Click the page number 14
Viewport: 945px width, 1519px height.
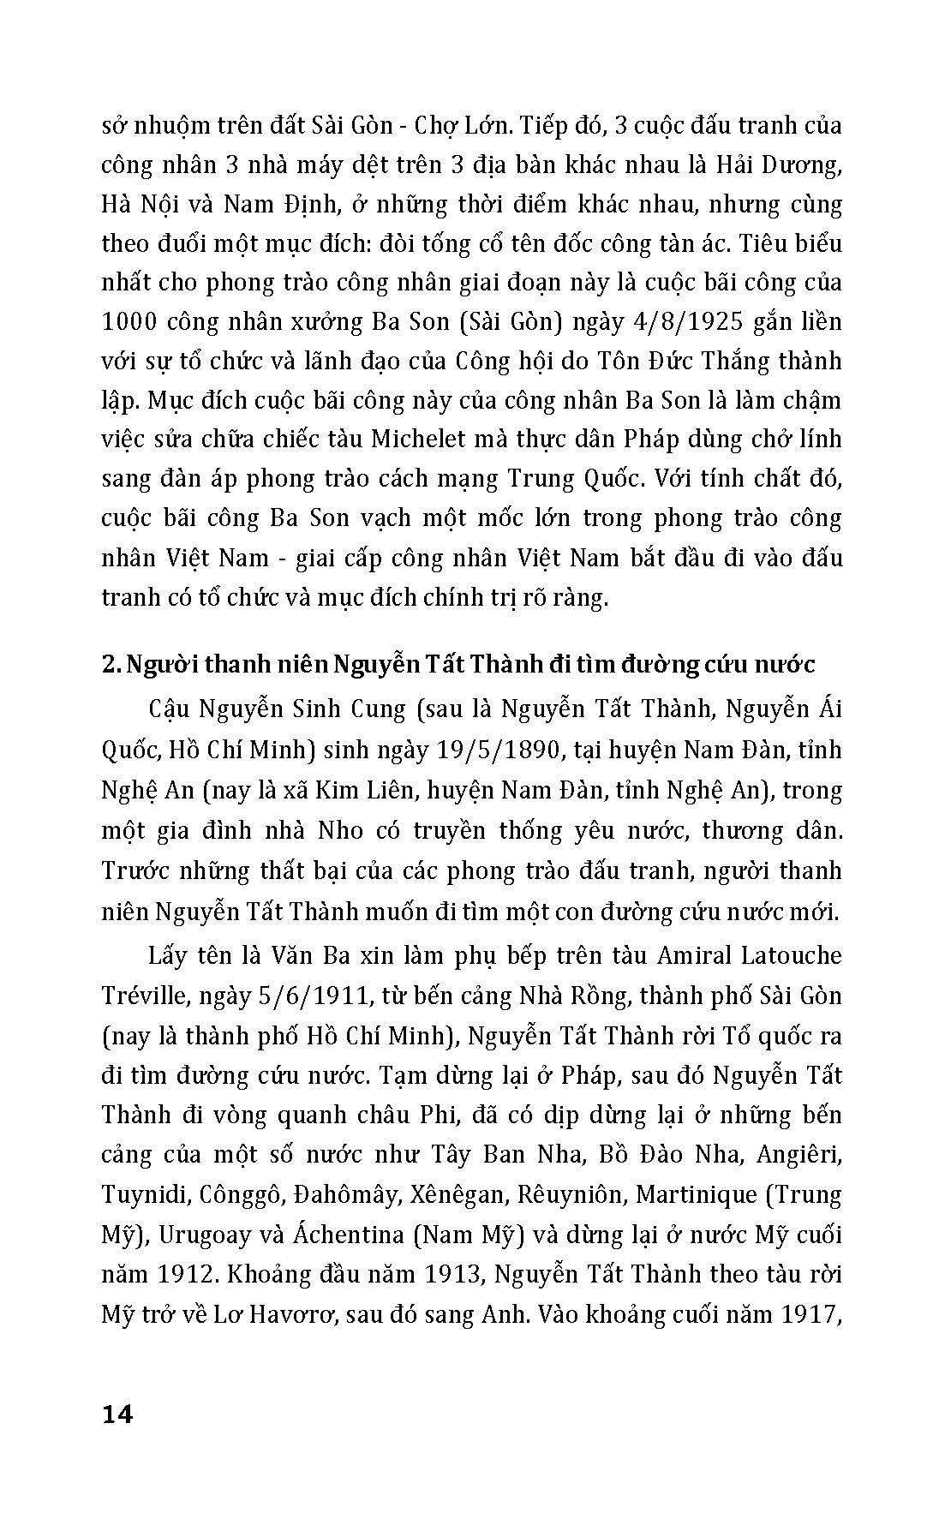tap(117, 1414)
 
